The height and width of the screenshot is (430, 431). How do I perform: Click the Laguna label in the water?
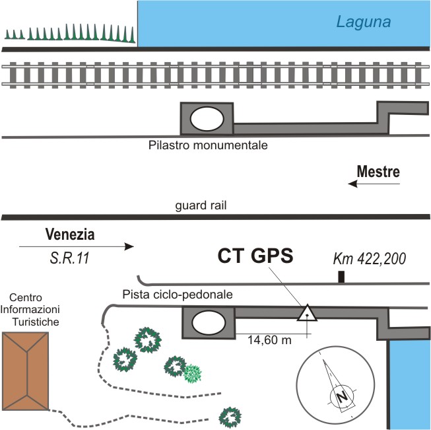[x=364, y=22]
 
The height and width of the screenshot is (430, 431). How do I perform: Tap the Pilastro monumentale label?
[x=207, y=144]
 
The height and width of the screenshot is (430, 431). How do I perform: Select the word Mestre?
[x=378, y=172]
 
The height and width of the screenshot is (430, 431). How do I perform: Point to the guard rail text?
[x=201, y=205]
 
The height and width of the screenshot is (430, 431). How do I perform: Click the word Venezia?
[x=70, y=234]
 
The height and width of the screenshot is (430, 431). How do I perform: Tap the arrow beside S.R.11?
[x=76, y=247]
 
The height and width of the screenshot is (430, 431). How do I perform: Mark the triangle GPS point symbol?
[x=307, y=313]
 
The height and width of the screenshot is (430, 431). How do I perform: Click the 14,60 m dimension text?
[x=269, y=341]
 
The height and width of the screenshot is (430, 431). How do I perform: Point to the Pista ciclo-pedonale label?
[x=177, y=294]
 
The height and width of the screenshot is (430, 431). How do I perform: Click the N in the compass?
[x=342, y=397]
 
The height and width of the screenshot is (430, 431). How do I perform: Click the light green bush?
[x=192, y=374]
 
